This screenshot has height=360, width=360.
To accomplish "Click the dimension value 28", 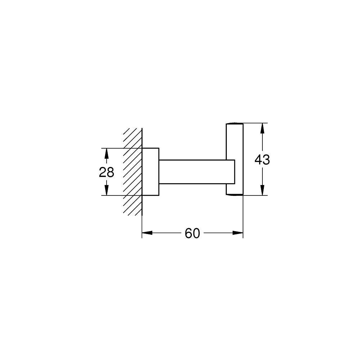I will point(107,172).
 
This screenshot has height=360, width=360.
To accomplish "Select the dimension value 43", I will point(262,159).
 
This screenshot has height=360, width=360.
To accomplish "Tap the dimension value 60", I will point(192,234).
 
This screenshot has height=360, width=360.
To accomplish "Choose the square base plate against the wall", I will point(150,172).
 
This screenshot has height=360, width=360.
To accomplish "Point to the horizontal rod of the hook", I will point(193,172).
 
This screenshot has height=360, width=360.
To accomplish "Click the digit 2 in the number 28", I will point(103,172).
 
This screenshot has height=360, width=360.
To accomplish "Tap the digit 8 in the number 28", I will point(111,172).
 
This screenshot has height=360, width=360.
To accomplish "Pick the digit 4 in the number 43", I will point(258,159).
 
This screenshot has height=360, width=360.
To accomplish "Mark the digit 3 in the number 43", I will point(266,159).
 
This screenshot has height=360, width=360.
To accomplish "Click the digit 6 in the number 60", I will point(188,234).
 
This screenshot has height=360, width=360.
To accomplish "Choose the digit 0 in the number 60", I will point(196,234).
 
